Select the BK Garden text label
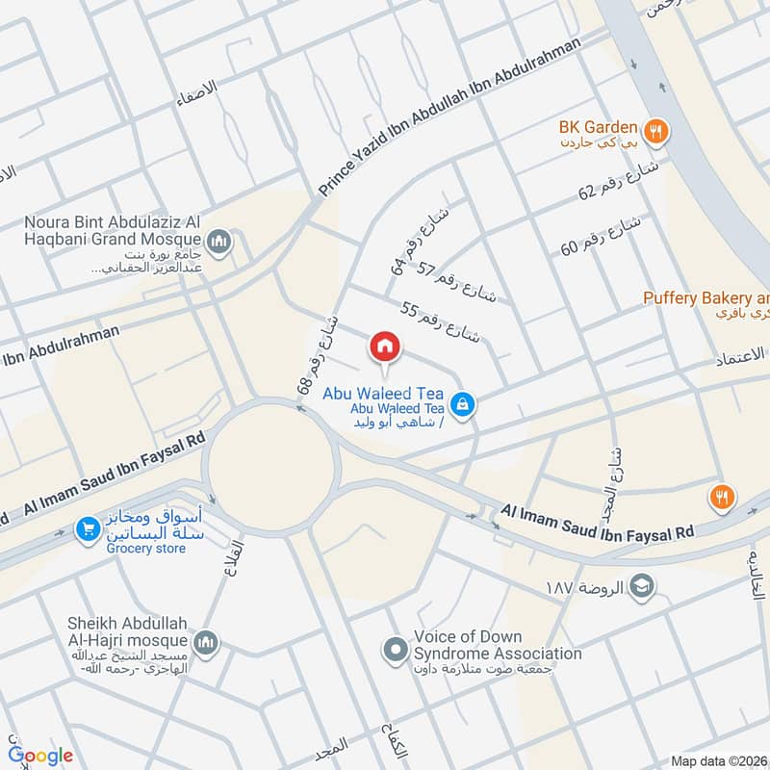click(x=599, y=127)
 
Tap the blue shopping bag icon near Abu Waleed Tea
click(x=463, y=404)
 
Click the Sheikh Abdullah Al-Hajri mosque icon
click(x=205, y=642)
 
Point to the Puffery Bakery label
click(x=706, y=298)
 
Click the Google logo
click(x=40, y=756)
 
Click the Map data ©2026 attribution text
click(x=718, y=761)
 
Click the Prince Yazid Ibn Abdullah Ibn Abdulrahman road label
click(x=450, y=118)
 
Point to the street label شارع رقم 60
click(x=603, y=236)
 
